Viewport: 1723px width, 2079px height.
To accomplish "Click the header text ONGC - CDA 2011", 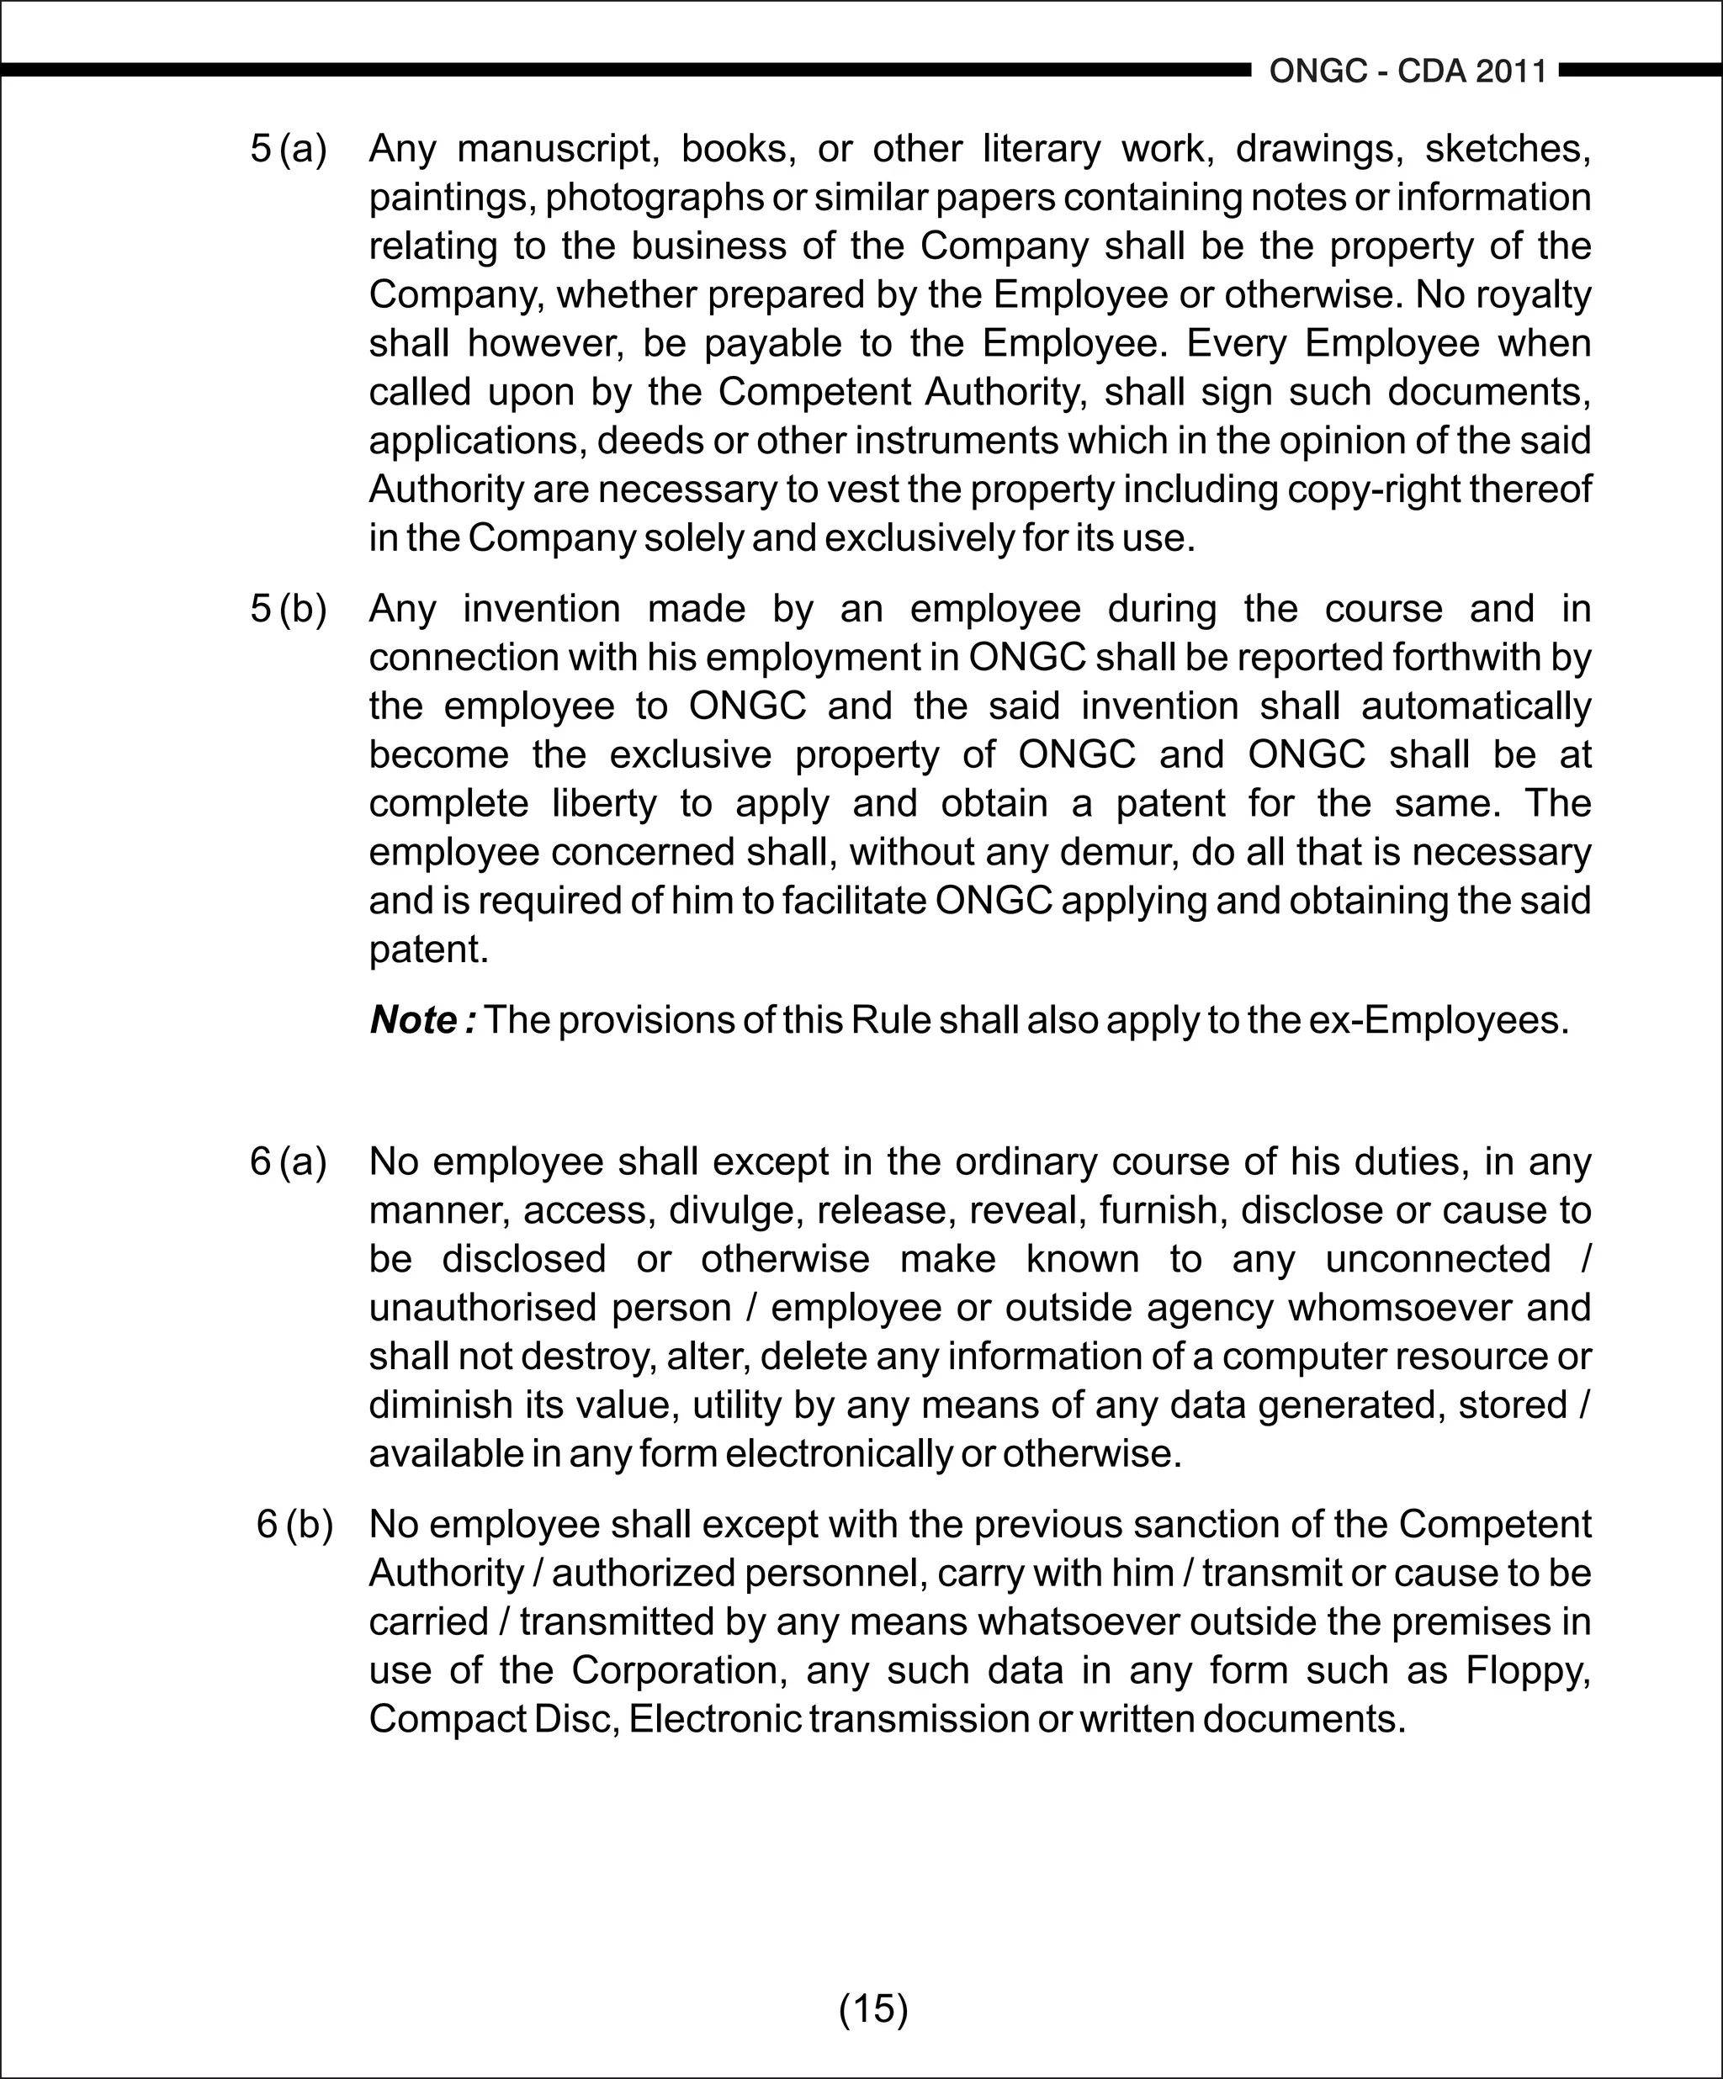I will (x=1408, y=72).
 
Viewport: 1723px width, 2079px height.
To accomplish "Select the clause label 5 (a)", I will (x=289, y=149).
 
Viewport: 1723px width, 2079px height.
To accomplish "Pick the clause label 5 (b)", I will (x=289, y=608).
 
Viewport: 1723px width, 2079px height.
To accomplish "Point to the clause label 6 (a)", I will (x=289, y=1161).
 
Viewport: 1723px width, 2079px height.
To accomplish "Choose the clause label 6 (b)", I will (x=294, y=1524).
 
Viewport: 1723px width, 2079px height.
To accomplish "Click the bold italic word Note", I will (x=416, y=1019).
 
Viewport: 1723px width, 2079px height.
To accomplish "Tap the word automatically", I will (x=1476, y=706).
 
